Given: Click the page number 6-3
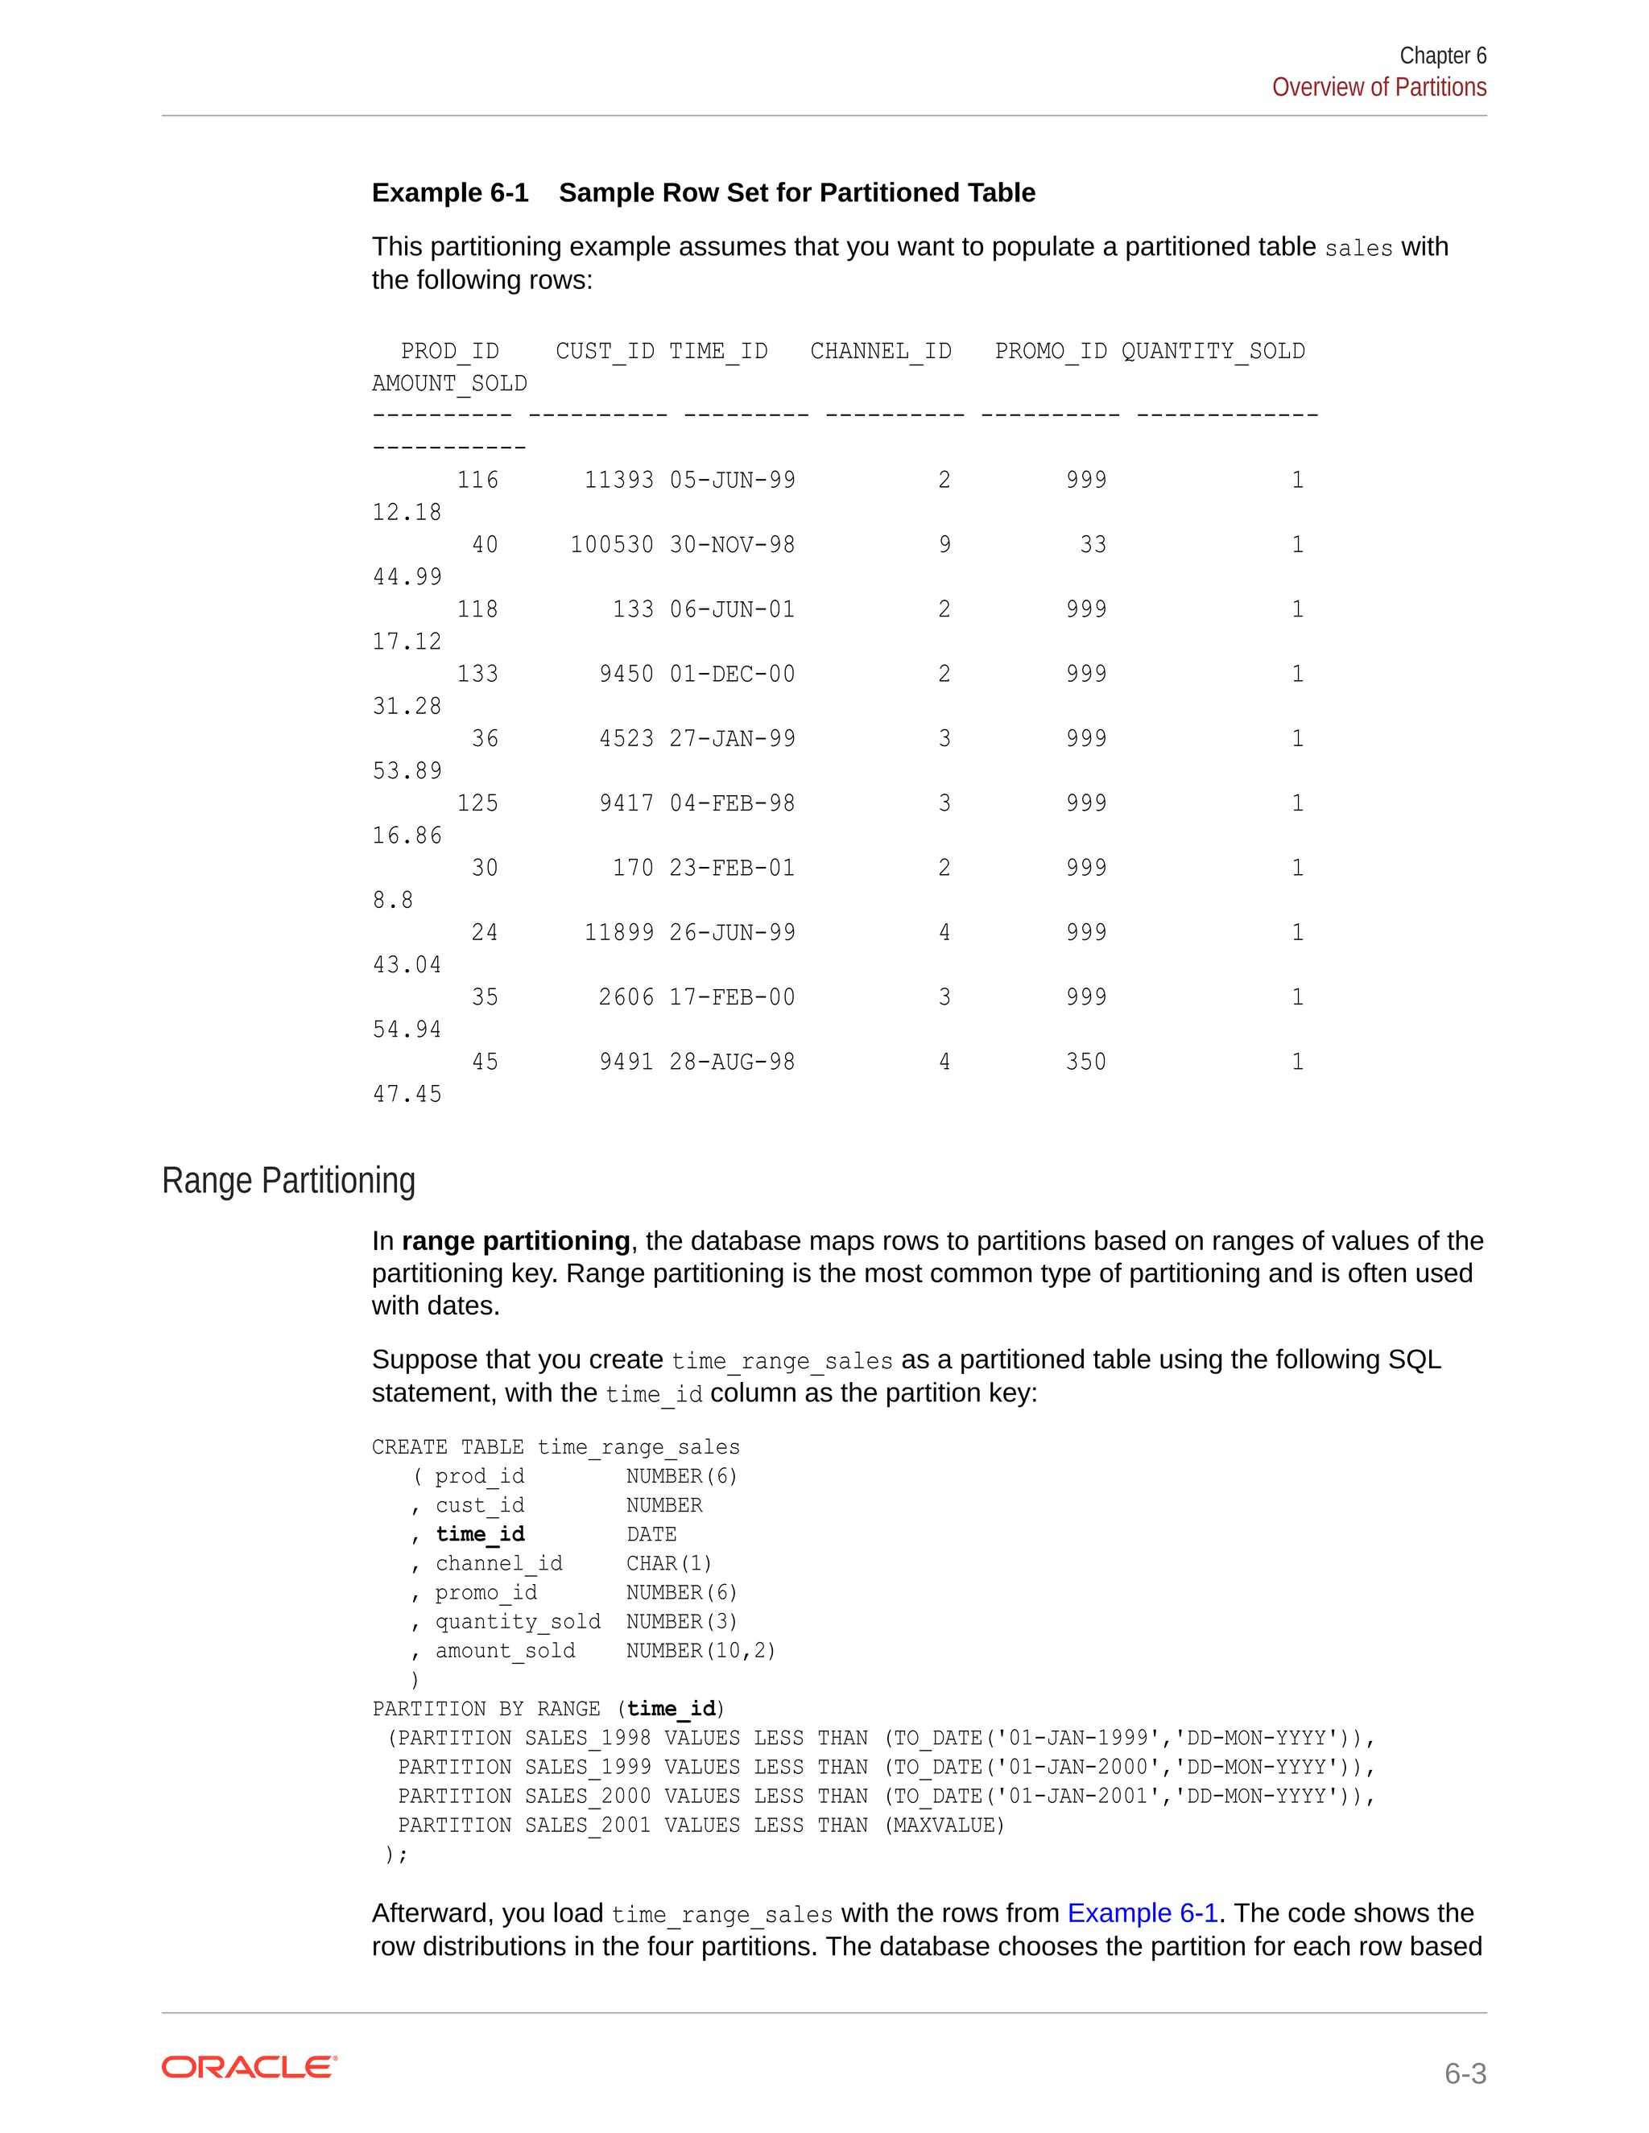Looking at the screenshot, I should point(1465,2073).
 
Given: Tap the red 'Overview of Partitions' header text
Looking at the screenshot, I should point(1378,88).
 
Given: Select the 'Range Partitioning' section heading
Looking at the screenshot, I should point(288,1180).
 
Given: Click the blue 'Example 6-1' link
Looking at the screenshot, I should point(1142,1912).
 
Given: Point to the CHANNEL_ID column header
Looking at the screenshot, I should point(880,351).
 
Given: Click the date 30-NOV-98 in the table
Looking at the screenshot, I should point(732,544).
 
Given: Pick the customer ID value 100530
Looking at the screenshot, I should point(612,544).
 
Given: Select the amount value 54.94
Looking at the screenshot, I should point(407,1029).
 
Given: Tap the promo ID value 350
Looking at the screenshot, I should point(1085,1062).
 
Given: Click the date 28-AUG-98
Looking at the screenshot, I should point(732,1062).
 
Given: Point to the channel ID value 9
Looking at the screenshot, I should point(944,544).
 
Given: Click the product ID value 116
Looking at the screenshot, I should point(477,480).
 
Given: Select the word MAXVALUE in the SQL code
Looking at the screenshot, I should point(944,1825).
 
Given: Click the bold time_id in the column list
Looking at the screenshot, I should point(480,1533).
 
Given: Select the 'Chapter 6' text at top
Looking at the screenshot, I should point(1442,56).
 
